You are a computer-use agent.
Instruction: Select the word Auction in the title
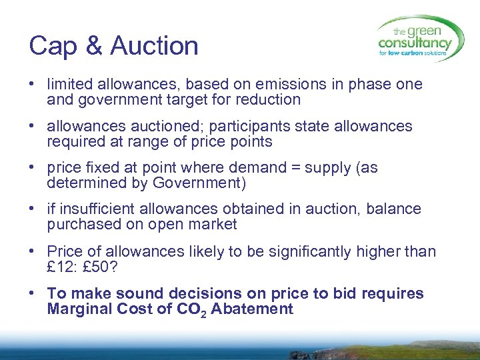(x=154, y=47)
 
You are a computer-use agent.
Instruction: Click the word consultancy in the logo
(x=415, y=43)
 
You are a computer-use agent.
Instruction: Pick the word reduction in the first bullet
(x=267, y=100)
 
